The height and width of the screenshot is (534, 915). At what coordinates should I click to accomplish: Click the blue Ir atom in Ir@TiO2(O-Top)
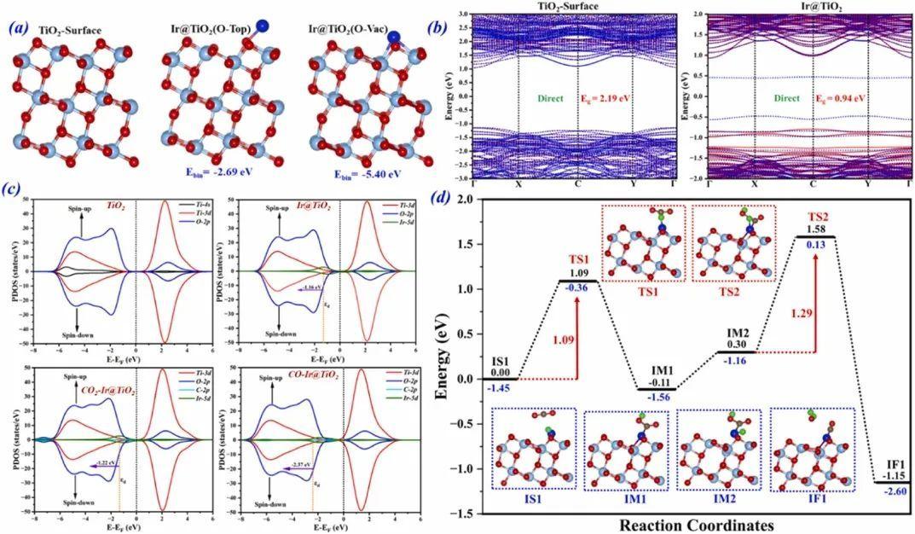(261, 26)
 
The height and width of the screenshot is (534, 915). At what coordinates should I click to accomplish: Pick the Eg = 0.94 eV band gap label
(841, 98)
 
